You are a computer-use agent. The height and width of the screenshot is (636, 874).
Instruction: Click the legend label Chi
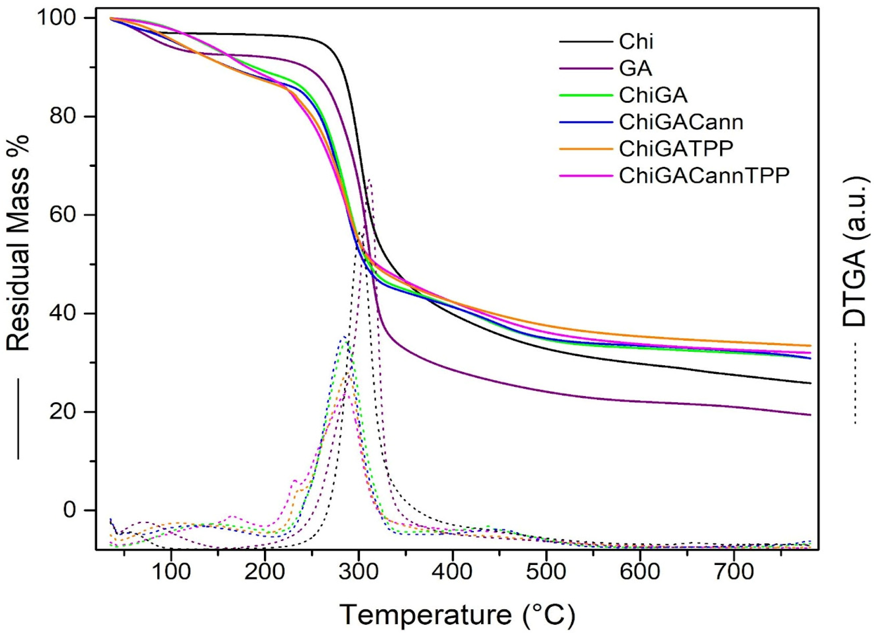pyautogui.click(x=636, y=42)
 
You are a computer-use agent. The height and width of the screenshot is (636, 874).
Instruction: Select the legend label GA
pyautogui.click(x=635, y=68)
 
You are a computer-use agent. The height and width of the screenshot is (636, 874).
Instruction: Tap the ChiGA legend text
pyautogui.click(x=653, y=95)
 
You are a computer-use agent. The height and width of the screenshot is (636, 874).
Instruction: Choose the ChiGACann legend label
pyautogui.click(x=681, y=122)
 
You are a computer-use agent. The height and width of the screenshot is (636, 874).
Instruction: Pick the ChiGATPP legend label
pyautogui.click(x=676, y=149)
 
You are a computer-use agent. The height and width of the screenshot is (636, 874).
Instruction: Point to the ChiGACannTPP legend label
pyautogui.click(x=704, y=175)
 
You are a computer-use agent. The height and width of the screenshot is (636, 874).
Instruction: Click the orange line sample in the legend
pyautogui.click(x=585, y=149)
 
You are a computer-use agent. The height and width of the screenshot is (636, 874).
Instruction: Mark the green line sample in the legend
pyautogui.click(x=585, y=95)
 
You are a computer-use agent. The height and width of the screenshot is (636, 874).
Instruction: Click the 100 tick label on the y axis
pyautogui.click(x=57, y=18)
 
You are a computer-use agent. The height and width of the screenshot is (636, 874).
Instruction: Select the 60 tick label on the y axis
pyautogui.click(x=63, y=214)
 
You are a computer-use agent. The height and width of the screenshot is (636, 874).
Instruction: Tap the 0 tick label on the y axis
pyautogui.click(x=69, y=510)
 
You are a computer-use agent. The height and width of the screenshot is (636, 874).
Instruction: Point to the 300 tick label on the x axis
pyautogui.click(x=358, y=572)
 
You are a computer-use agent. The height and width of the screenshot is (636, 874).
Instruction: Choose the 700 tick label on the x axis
pyautogui.click(x=734, y=572)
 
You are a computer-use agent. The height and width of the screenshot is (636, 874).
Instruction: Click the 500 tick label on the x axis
pyautogui.click(x=546, y=572)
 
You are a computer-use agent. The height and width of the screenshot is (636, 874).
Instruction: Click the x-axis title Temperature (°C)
pyautogui.click(x=457, y=614)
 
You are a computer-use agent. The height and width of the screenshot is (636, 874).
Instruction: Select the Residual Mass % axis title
pyautogui.click(x=18, y=244)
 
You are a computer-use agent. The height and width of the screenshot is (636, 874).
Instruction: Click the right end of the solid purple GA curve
pyautogui.click(x=810, y=415)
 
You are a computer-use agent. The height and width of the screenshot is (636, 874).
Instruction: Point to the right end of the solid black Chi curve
pyautogui.click(x=810, y=383)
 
